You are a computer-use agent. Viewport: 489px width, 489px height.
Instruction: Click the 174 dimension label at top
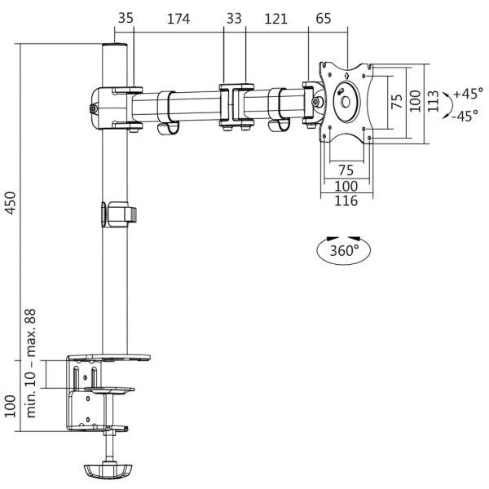(178, 19)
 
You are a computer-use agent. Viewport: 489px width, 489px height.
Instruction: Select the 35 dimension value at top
(126, 18)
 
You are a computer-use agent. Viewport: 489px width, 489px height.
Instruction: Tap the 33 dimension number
(234, 19)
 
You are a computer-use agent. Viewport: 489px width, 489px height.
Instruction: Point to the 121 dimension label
(275, 19)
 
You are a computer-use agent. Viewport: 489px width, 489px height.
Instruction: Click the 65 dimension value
(323, 19)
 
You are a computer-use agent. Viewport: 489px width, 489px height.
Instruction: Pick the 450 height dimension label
(11, 203)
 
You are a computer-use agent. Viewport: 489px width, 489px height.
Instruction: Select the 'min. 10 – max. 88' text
(31, 363)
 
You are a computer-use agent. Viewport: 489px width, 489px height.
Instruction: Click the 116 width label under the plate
(346, 200)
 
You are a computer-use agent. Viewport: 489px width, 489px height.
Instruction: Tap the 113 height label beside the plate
(433, 101)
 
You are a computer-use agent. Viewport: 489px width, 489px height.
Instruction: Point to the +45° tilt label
(469, 94)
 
